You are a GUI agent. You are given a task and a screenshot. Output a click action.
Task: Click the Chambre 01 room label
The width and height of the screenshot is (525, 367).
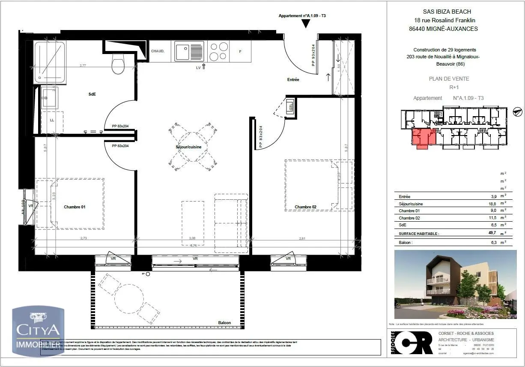(75, 207)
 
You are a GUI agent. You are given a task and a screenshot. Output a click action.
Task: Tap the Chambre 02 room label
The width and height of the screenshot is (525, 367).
(305, 207)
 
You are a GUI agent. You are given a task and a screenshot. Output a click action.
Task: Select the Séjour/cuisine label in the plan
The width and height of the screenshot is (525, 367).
(188, 147)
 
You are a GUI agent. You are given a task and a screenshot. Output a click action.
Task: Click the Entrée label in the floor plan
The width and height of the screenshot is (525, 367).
(293, 80)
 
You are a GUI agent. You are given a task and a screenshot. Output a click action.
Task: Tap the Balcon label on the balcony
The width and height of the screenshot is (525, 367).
(224, 322)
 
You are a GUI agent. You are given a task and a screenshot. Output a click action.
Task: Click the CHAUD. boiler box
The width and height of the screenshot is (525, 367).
(158, 51)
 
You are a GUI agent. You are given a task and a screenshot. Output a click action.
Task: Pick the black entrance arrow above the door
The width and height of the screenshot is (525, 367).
(305, 24)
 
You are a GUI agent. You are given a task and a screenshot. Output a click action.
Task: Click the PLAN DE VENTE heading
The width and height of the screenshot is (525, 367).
(449, 78)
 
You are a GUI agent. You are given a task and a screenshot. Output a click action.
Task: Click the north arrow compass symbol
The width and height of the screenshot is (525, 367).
(517, 111)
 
